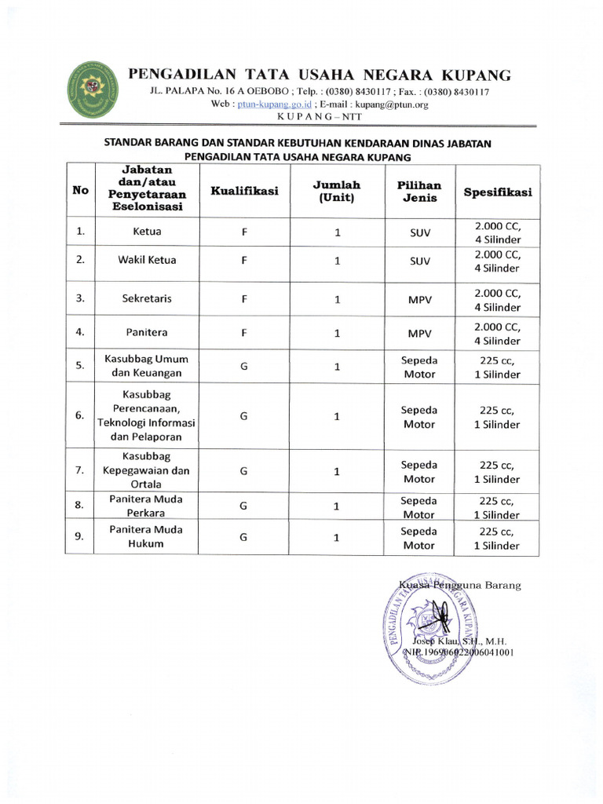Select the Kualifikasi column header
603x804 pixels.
click(244, 191)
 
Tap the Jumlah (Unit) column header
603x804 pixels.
click(336, 191)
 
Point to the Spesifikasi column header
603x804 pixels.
click(497, 192)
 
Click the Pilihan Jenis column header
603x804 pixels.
click(418, 191)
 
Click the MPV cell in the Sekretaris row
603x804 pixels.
click(418, 299)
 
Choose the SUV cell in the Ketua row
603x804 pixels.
click(418, 233)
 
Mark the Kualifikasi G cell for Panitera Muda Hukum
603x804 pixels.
click(244, 538)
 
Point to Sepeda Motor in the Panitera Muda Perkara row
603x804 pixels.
click(418, 507)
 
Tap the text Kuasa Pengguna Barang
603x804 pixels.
click(459, 585)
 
